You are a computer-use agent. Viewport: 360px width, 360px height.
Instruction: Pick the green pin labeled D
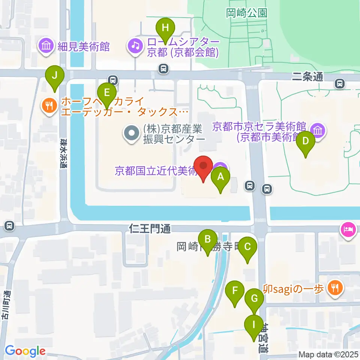[306, 142]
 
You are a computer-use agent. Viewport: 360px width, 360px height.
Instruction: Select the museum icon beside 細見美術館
[47, 46]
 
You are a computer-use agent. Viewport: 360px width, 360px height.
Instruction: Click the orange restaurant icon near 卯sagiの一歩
[333, 288]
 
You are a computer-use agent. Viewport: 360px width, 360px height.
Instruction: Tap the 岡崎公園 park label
[247, 13]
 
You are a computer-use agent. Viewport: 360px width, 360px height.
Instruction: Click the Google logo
[25, 351]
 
